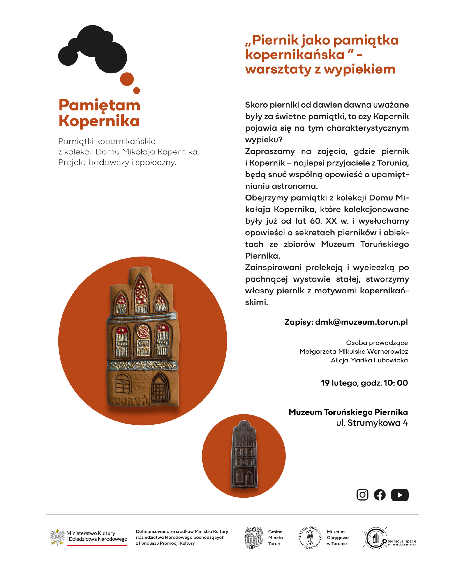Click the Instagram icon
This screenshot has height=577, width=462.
coord(362,495)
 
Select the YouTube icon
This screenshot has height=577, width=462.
coord(400,495)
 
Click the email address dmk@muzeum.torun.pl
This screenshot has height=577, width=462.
coord(361,322)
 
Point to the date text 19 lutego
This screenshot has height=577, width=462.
coord(340,383)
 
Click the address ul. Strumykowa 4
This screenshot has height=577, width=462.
coord(372,423)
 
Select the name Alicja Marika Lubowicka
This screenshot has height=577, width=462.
coord(369,360)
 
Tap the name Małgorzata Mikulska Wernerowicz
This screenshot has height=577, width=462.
coord(353,351)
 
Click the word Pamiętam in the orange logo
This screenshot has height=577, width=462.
coord(99,105)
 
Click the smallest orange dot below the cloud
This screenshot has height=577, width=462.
coord(136,90)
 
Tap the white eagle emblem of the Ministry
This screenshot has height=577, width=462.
coord(57,537)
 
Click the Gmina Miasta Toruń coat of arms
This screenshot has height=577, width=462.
coord(253,537)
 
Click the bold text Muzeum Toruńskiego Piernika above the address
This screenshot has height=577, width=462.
coord(348,412)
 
